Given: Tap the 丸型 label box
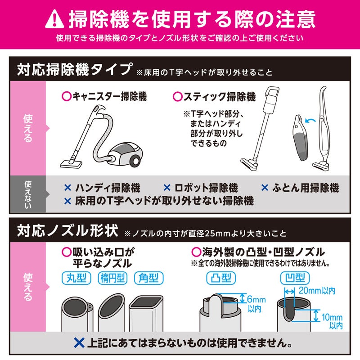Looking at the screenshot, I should [76, 278].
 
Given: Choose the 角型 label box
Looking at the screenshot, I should [148, 278].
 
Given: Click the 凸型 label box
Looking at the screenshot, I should [220, 278].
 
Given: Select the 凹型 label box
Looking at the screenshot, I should [293, 278].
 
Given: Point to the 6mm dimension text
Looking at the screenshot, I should [256, 300].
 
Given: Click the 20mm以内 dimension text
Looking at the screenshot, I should [317, 291].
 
